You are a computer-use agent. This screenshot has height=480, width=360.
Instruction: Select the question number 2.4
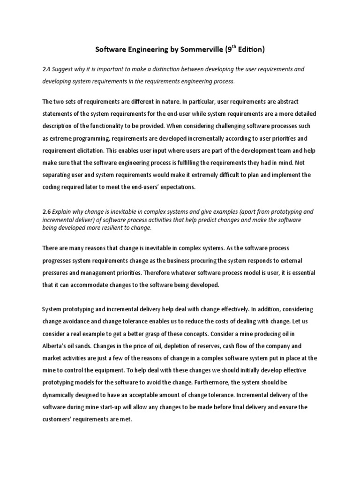coord(46,69)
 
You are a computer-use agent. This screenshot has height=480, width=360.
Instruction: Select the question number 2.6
coord(46,211)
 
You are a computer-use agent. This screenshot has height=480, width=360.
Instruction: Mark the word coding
coord(52,187)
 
